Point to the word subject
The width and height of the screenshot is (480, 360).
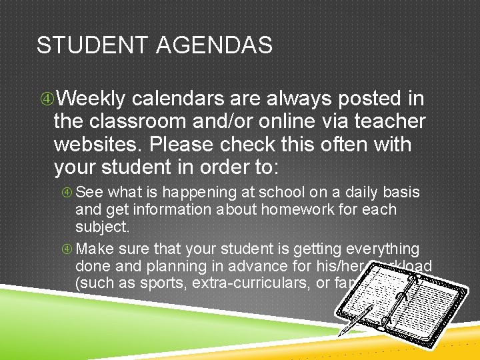point(101,227)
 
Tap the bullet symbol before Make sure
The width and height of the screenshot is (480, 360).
point(67,249)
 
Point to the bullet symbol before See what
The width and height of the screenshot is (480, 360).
point(67,193)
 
